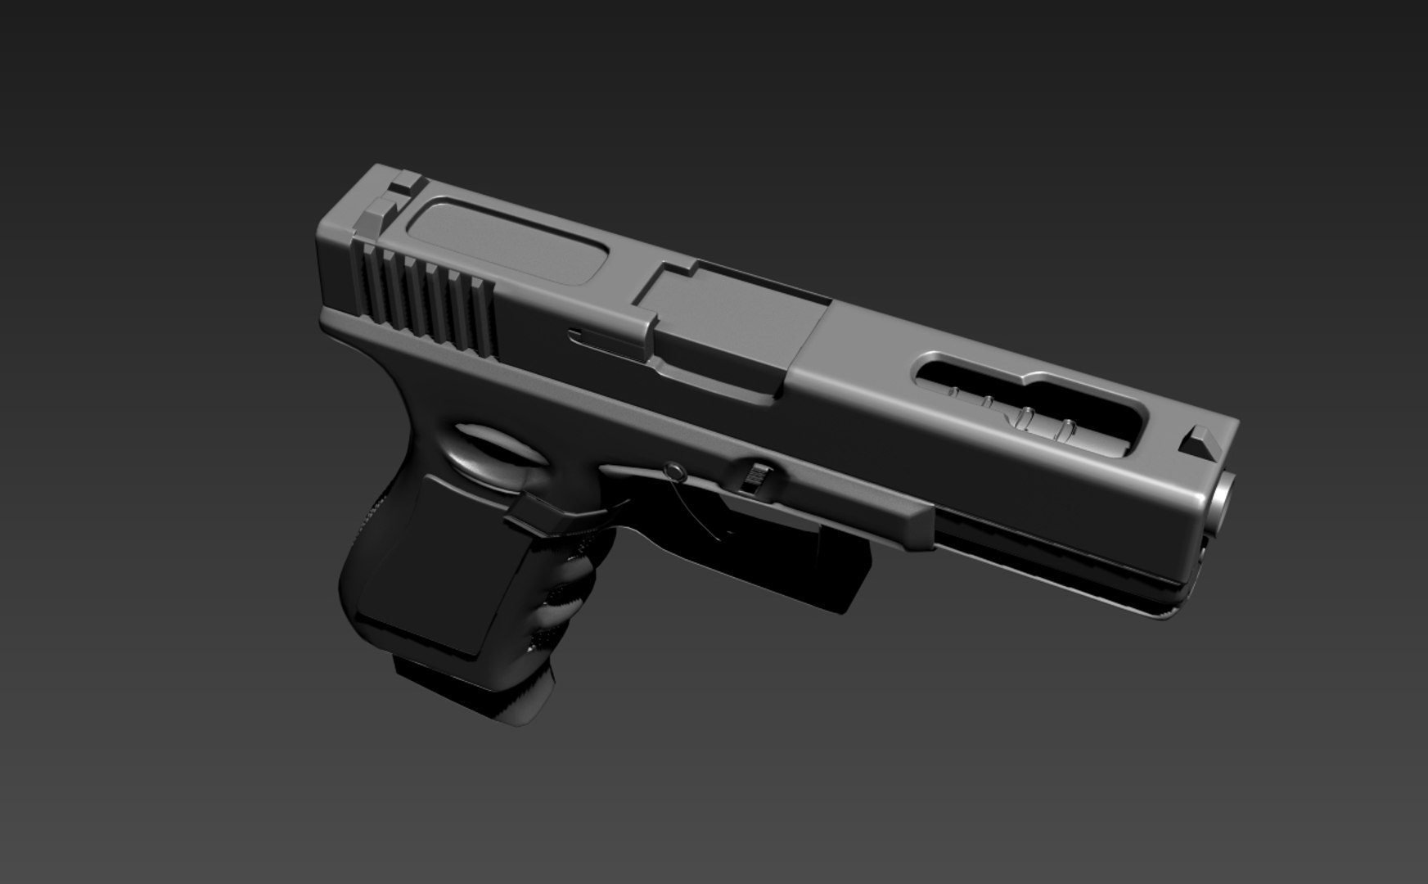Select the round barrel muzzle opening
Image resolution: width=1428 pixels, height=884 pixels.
tap(1222, 496)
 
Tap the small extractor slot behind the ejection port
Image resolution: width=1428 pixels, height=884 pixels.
tap(601, 337)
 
